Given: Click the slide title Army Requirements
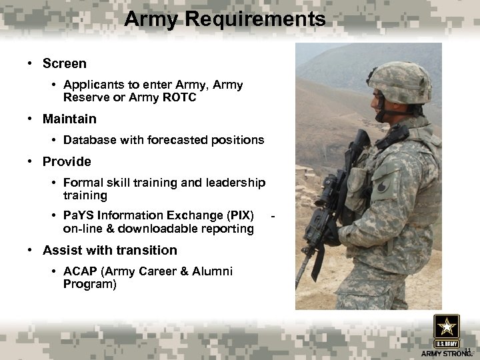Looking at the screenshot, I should click(225, 19).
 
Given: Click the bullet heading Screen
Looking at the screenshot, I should click(64, 64).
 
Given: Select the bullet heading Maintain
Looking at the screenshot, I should click(69, 119).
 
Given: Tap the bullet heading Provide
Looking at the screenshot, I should click(67, 161).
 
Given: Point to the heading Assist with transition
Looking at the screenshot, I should click(110, 251).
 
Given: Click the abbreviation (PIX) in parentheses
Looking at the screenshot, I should click(239, 215).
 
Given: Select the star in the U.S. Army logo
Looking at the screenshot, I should click(446, 327).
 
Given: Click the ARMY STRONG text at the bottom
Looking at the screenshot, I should click(445, 353).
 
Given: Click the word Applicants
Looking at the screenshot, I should click(93, 85).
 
